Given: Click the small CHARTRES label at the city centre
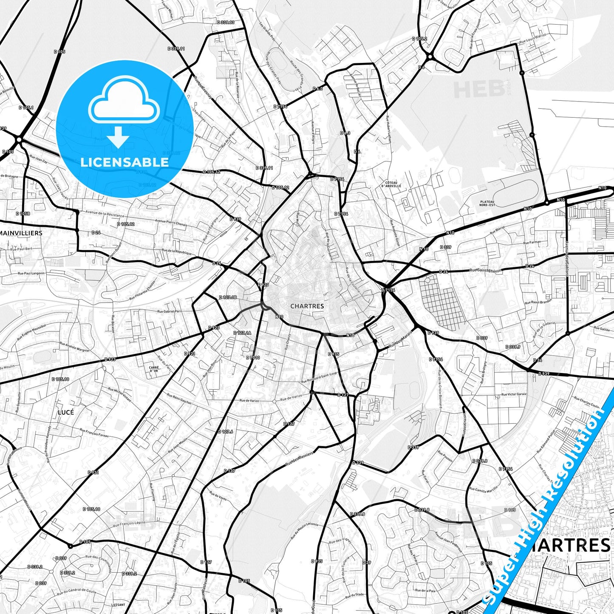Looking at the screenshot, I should [x=307, y=306].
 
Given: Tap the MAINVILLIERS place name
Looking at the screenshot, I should [x=21, y=233].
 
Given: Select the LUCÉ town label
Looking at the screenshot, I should [x=66, y=412].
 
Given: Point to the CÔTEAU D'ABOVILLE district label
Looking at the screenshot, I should [x=391, y=184].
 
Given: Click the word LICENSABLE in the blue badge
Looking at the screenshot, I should [x=124, y=162].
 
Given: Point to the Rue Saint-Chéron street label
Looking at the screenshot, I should [x=485, y=270].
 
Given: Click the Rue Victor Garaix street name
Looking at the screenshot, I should [x=514, y=394].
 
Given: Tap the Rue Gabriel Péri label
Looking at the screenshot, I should [x=169, y=311].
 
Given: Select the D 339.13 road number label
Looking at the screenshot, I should [x=225, y=22].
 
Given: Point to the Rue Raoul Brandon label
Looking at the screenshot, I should [x=538, y=301].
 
